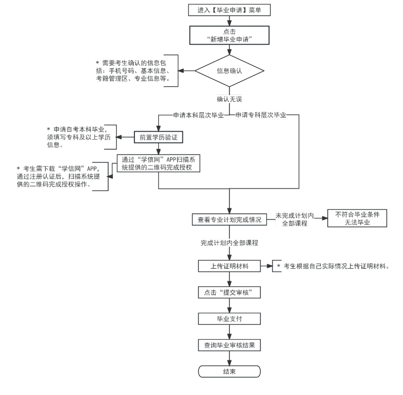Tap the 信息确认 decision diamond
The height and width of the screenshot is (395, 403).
click(230, 71)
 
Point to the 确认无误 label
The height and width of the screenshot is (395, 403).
click(230, 99)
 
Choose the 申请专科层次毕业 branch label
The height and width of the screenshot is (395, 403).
click(261, 115)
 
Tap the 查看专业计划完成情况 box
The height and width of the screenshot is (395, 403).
click(230, 219)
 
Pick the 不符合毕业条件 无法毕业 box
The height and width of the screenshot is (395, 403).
click(356, 219)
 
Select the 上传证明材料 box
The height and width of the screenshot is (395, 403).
click(230, 266)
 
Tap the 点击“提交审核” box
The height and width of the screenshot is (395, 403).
click(230, 292)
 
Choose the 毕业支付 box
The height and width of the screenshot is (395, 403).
click(230, 318)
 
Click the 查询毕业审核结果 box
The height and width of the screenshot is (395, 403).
click(230, 345)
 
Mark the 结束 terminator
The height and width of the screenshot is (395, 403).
click(230, 371)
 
